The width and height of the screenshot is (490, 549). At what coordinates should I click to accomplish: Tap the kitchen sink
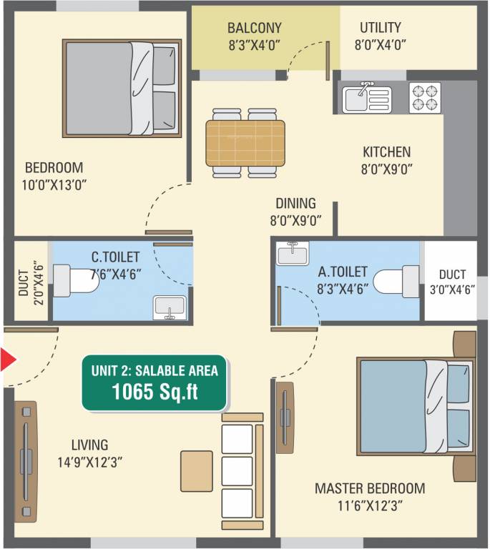click(x=366, y=97)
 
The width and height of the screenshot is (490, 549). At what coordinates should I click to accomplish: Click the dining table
click(x=245, y=143)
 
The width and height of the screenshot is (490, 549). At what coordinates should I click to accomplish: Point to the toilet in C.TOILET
click(x=75, y=280)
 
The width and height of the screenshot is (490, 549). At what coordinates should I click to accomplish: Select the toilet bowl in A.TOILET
click(x=396, y=280)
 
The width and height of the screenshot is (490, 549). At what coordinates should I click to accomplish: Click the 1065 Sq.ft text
click(x=155, y=391)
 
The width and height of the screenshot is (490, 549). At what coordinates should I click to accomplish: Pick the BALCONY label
click(x=254, y=29)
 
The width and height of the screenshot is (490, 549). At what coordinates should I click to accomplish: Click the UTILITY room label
click(x=380, y=29)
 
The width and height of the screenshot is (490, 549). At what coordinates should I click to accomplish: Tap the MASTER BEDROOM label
click(x=370, y=489)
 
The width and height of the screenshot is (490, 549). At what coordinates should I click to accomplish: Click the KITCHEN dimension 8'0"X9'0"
click(x=386, y=169)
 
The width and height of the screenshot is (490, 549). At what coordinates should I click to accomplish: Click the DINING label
click(x=295, y=203)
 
